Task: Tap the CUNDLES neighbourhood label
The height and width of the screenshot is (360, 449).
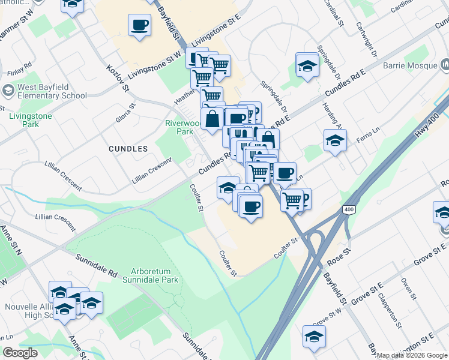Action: click(128, 148)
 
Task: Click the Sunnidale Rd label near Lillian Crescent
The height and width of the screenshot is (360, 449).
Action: click(97, 265)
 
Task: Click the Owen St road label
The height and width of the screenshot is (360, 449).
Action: click(409, 288)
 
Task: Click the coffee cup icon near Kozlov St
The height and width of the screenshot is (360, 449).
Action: click(139, 25)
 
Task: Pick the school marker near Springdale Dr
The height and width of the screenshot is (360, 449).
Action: click(307, 65)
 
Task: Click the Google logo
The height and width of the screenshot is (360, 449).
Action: click(20, 353)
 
